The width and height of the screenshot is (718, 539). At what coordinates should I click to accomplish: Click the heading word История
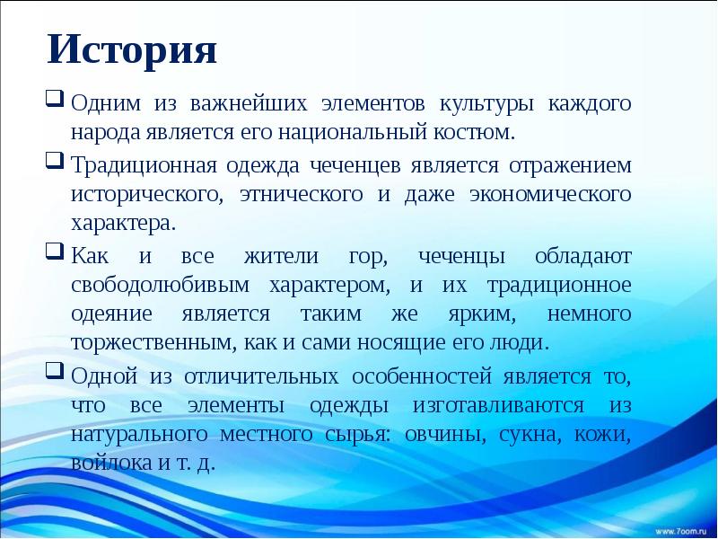(x=133, y=50)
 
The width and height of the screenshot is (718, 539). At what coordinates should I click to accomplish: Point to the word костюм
(x=486, y=134)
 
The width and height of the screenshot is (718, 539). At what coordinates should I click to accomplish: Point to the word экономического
(x=550, y=195)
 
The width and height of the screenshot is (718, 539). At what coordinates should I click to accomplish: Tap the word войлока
(x=107, y=465)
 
